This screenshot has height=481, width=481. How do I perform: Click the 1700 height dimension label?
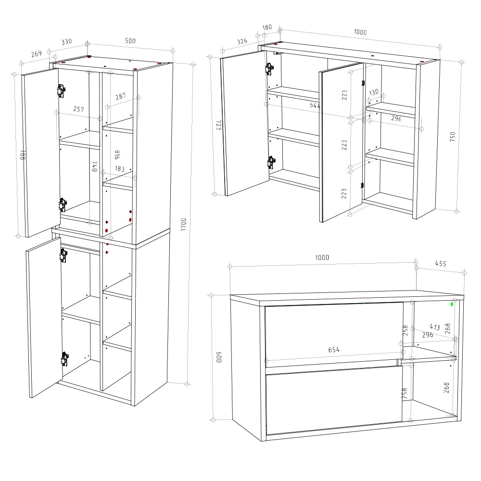183,224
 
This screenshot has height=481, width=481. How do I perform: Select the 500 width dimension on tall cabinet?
130,41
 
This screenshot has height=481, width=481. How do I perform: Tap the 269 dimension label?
37,53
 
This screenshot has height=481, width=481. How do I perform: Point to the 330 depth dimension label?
66,42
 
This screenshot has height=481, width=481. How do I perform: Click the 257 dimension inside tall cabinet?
79,109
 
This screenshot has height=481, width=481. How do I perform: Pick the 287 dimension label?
121,96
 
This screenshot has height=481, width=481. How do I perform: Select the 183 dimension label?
120,169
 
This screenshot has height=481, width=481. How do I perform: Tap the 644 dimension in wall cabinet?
315,105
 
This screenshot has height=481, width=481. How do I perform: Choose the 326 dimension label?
242,42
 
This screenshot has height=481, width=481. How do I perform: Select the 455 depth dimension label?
440,264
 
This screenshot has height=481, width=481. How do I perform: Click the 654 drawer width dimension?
334,350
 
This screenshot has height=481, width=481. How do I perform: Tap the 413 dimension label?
435,327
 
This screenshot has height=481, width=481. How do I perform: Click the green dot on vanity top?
452,304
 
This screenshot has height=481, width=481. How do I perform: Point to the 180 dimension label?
267,27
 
